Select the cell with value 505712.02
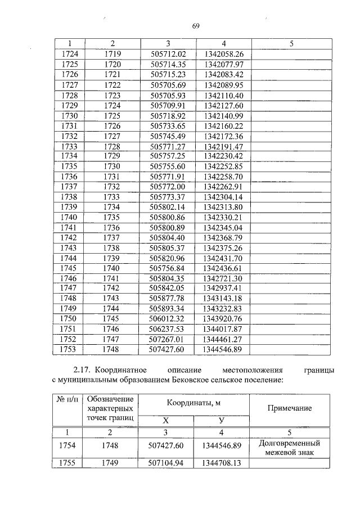pos(168,54)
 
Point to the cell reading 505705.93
pos(168,95)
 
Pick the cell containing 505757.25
pos(168,156)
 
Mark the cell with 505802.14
pos(168,207)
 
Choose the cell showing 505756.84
pos(168,268)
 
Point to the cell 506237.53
pos(168,328)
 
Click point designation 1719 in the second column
pos(112,54)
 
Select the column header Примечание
pos(290,408)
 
